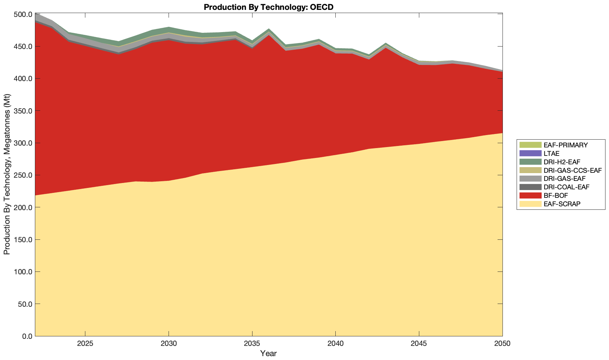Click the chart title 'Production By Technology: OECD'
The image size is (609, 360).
pyautogui.click(x=268, y=7)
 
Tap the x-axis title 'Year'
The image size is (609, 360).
pyautogui.click(x=268, y=353)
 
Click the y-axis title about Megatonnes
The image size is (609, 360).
pyautogui.click(x=7, y=174)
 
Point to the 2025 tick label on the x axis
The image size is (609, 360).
pyautogui.click(x=85, y=344)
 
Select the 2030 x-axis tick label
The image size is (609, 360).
pyautogui.click(x=169, y=344)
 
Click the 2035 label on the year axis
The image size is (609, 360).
pyautogui.click(x=252, y=344)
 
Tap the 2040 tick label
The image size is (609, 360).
pyautogui.click(x=335, y=344)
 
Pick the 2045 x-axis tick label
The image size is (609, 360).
pyautogui.click(x=419, y=344)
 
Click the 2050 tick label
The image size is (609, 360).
pyautogui.click(x=503, y=344)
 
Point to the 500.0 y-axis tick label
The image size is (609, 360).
pyautogui.click(x=23, y=15)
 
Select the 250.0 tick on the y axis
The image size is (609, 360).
pyautogui.click(x=23, y=175)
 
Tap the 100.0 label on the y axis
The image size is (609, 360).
pyautogui.click(x=23, y=272)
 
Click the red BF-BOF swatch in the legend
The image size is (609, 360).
pyautogui.click(x=530, y=195)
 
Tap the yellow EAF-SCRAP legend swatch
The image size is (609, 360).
pyautogui.click(x=530, y=204)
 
